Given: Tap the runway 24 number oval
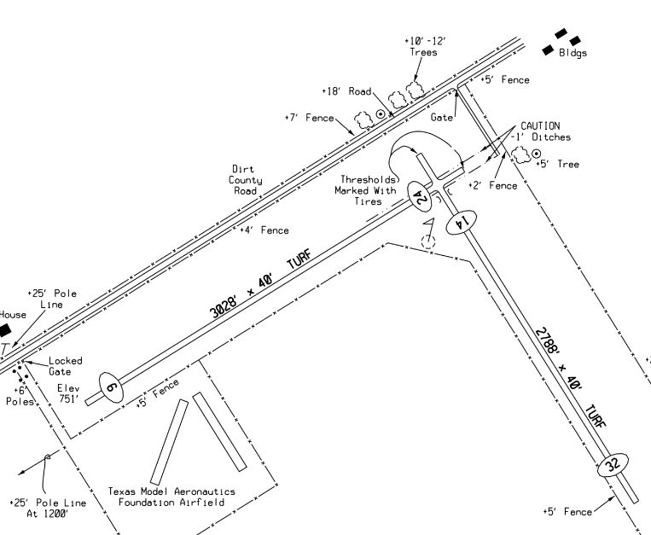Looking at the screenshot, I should pos(418,196).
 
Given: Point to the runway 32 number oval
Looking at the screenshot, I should pos(611,465).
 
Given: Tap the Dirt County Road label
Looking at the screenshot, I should pos(246,180).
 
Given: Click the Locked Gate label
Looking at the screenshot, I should pos(66,366).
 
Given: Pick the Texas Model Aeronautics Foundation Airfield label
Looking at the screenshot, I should pos(171,497).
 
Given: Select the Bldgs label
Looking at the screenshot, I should pos(573,53).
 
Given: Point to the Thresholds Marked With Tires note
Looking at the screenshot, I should pos(369,190).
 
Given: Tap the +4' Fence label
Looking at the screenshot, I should pos(264,230).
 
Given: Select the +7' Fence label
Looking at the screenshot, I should pos(308,117).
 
